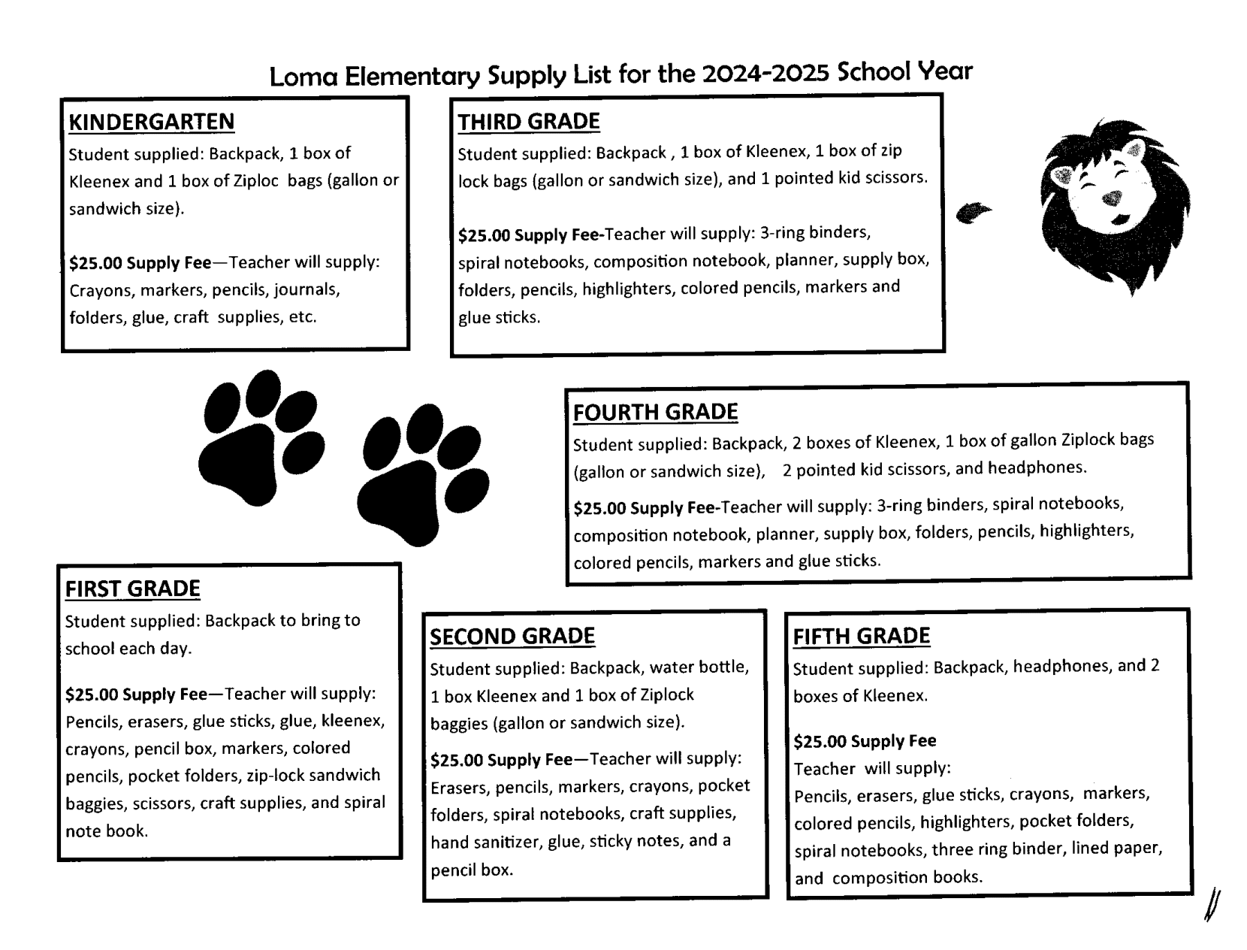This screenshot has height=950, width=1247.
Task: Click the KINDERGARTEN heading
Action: click(x=151, y=122)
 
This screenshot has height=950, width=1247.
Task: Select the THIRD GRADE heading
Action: click(x=529, y=122)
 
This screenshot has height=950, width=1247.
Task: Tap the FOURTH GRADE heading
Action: click(x=655, y=412)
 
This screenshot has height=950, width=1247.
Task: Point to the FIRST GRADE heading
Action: click(x=132, y=588)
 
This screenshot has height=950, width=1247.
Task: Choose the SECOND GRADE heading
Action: click(x=512, y=637)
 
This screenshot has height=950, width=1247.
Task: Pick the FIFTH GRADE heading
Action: click(x=861, y=637)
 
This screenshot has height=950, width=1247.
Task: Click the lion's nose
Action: click(x=1111, y=198)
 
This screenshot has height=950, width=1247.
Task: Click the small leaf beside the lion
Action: click(x=974, y=213)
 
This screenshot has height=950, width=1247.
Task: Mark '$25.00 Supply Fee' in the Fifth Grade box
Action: click(x=864, y=742)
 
